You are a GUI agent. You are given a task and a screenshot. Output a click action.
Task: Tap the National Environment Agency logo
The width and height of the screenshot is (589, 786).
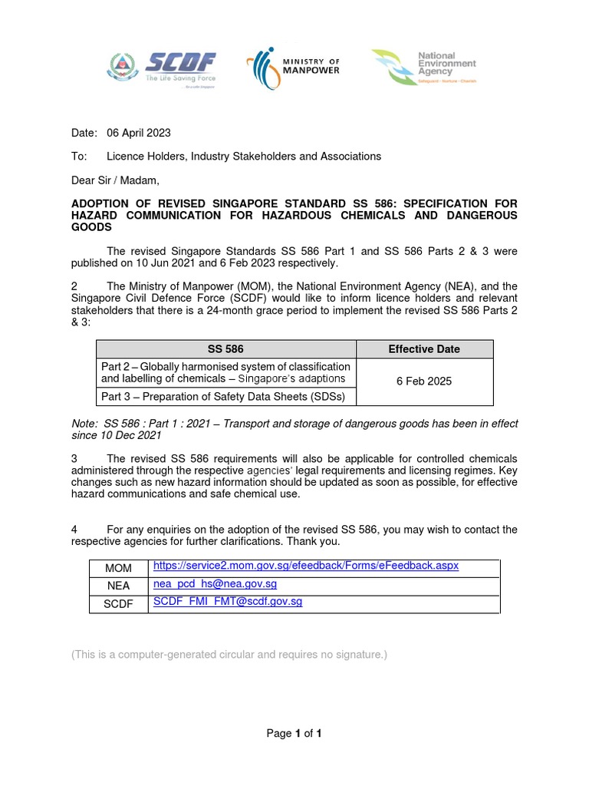click(424, 68)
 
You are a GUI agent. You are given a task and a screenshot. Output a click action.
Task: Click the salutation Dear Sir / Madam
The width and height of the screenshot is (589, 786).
click(115, 180)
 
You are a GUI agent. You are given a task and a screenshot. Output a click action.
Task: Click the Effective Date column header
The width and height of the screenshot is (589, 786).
click(424, 349)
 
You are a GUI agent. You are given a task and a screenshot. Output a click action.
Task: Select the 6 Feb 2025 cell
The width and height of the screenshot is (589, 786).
click(424, 381)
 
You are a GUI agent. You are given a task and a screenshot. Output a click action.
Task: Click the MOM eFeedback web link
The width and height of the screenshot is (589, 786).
click(305, 566)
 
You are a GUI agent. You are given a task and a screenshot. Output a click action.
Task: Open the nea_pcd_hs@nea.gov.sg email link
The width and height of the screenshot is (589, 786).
click(215, 584)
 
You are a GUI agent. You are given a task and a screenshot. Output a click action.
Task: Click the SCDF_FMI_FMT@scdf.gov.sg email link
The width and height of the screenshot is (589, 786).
click(228, 602)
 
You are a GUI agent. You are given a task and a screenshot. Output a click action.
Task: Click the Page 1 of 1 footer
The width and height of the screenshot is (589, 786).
click(294, 734)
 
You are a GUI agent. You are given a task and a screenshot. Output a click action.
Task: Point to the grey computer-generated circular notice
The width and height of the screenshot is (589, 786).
click(229, 655)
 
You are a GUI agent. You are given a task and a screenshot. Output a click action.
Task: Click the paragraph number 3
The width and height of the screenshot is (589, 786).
click(74, 458)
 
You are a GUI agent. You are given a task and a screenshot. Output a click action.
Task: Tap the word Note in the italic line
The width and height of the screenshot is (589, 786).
click(84, 424)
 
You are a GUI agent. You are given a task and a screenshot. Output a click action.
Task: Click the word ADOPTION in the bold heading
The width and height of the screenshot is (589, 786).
click(104, 203)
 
